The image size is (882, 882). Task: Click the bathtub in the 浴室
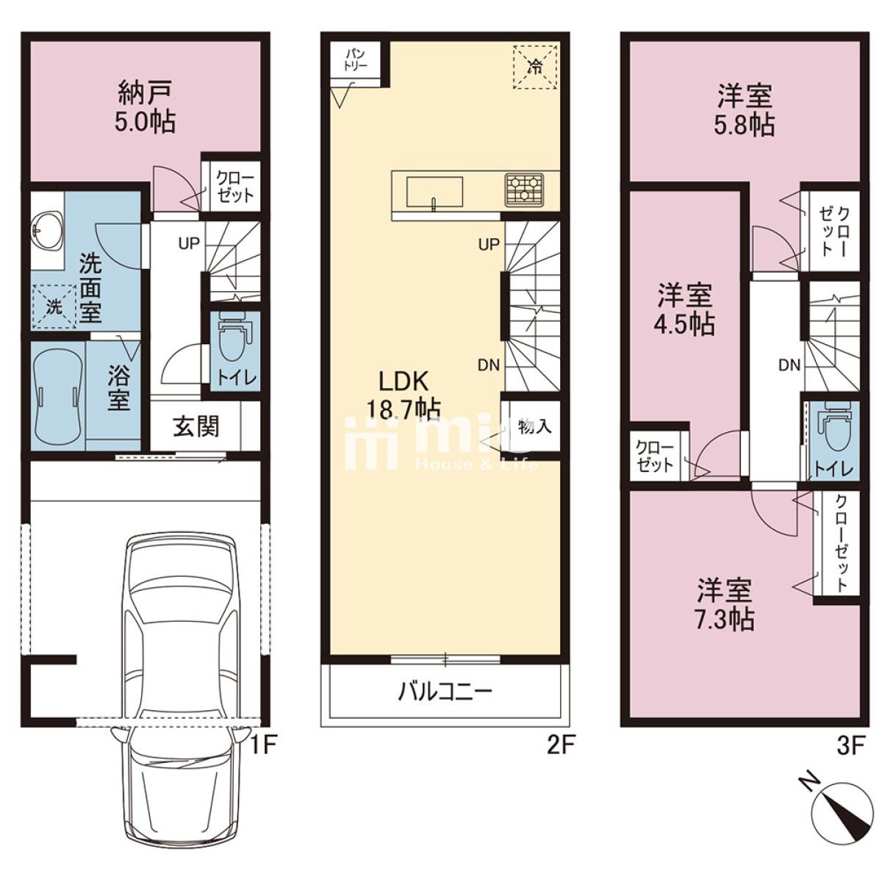tap(58, 397)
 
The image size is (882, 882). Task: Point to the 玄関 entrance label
tap(196, 426)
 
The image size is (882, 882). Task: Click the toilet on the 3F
tap(833, 434)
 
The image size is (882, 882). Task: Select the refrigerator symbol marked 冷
tap(535, 67)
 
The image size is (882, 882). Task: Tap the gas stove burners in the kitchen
tap(523, 189)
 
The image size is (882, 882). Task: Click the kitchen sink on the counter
tap(434, 193)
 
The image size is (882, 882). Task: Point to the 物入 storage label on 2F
tap(534, 426)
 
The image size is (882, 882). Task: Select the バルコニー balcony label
tap(445, 692)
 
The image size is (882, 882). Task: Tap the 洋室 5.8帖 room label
tap(745, 110)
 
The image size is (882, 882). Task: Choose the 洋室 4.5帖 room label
tap(684, 310)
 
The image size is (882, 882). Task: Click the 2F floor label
tap(559, 746)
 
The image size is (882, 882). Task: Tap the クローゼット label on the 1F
tap(234, 187)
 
